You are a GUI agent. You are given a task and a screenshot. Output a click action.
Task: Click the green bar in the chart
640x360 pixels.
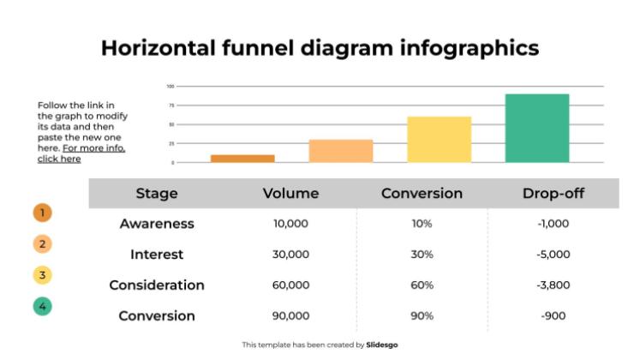point(537,129)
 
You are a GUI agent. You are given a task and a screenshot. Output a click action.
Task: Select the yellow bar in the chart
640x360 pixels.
point(439,140)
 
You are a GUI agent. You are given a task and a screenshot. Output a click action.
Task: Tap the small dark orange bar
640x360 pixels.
point(242,159)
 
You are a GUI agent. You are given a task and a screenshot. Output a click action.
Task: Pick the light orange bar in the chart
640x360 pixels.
point(341,151)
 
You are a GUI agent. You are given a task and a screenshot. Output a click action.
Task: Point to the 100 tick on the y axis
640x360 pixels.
point(170,87)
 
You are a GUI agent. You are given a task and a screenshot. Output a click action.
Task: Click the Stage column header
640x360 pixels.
point(157,194)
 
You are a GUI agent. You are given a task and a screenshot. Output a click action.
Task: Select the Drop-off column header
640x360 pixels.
point(553,194)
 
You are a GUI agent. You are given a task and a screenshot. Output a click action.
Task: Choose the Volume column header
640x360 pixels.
point(290,194)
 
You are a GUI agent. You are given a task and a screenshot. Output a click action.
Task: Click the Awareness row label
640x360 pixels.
point(157,224)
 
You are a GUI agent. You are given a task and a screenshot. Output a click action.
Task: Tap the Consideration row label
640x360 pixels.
point(157,285)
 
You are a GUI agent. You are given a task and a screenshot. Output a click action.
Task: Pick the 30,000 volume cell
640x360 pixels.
point(290,255)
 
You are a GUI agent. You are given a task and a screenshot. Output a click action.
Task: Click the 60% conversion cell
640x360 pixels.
point(422,285)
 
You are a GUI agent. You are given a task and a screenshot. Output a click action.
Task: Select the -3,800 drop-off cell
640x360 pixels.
point(553,285)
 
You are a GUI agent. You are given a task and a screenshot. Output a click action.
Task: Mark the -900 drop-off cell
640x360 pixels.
point(553,316)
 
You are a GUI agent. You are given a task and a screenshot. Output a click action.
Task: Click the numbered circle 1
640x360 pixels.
point(43,213)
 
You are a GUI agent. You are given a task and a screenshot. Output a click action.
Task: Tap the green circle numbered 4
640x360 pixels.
point(43,305)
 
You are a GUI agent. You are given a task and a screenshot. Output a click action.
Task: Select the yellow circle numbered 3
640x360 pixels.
point(43,275)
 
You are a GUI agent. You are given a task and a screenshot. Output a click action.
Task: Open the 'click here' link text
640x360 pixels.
point(59,159)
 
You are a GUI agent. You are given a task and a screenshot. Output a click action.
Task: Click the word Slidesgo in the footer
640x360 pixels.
point(382,345)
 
